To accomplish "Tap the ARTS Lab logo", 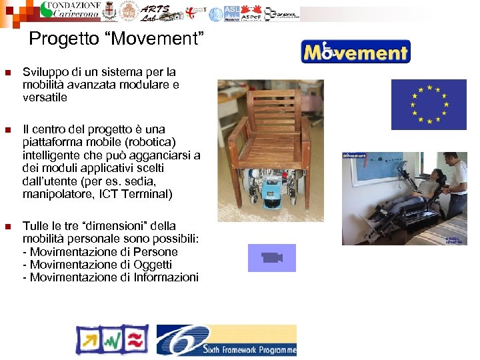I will [155, 12].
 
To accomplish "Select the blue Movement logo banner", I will [355, 51].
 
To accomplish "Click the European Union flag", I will [428, 104].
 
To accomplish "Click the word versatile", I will [45, 97].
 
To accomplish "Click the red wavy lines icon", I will [137, 340].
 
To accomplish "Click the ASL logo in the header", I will [231, 13].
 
